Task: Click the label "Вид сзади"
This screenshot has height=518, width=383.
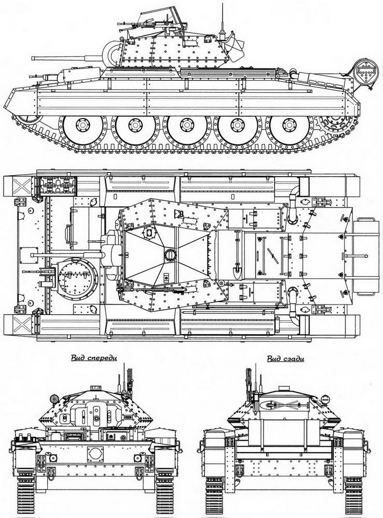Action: pos(285,359)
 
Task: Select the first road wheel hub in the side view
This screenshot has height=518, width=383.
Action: pos(83,124)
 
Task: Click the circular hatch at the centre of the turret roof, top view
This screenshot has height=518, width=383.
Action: pos(169,255)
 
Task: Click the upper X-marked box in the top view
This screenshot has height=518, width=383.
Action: pos(21,186)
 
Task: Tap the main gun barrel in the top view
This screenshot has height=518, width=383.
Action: pos(66,255)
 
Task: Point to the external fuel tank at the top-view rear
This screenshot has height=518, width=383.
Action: pos(365,256)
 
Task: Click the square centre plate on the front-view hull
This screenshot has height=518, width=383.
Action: pos(95,455)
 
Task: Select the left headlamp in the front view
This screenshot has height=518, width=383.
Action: pos(52,457)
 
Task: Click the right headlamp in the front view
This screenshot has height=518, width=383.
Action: pos(138,457)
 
